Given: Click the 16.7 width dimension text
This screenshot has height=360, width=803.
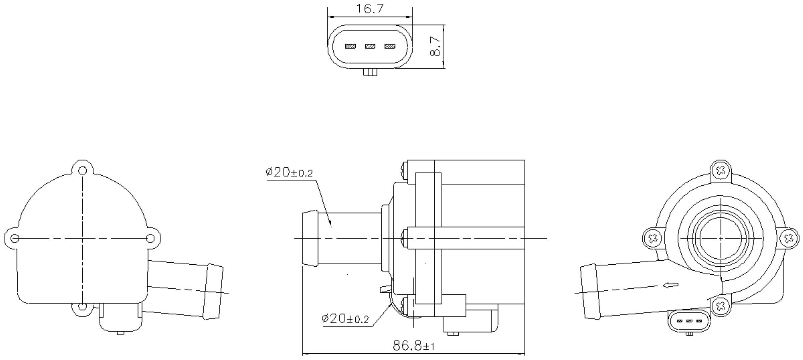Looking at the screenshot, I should coord(369,9).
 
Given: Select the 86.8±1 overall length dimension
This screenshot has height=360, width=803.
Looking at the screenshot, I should coord(414,346).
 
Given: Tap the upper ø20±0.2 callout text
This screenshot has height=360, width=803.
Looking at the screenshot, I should coord(289,172).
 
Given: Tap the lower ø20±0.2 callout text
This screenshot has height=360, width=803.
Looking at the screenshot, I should coord(345,319).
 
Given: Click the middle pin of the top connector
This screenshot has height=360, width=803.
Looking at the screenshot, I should coord(370,46).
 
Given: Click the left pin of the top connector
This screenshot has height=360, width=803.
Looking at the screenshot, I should coord(350,46).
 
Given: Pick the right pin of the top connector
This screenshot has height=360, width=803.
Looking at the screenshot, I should coord(390,46).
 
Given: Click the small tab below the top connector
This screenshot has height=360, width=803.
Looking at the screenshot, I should coord(370,72).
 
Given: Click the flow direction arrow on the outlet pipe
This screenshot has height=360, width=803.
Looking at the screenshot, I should coord(671,285).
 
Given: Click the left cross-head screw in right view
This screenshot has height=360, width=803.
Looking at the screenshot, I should coord(653,239).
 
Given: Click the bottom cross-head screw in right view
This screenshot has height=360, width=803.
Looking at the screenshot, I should coord(721,305).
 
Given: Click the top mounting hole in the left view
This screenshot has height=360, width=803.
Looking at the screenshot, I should coord(82,171).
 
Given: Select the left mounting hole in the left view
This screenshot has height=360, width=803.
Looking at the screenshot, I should coord(15,238).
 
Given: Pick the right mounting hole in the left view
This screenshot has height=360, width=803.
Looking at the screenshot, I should coord(151,238).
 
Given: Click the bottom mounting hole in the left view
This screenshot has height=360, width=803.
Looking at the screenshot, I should coord(82,306).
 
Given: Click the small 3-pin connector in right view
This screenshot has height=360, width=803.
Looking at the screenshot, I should coord(689,321).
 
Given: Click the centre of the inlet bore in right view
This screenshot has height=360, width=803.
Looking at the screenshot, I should coord(721,238).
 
